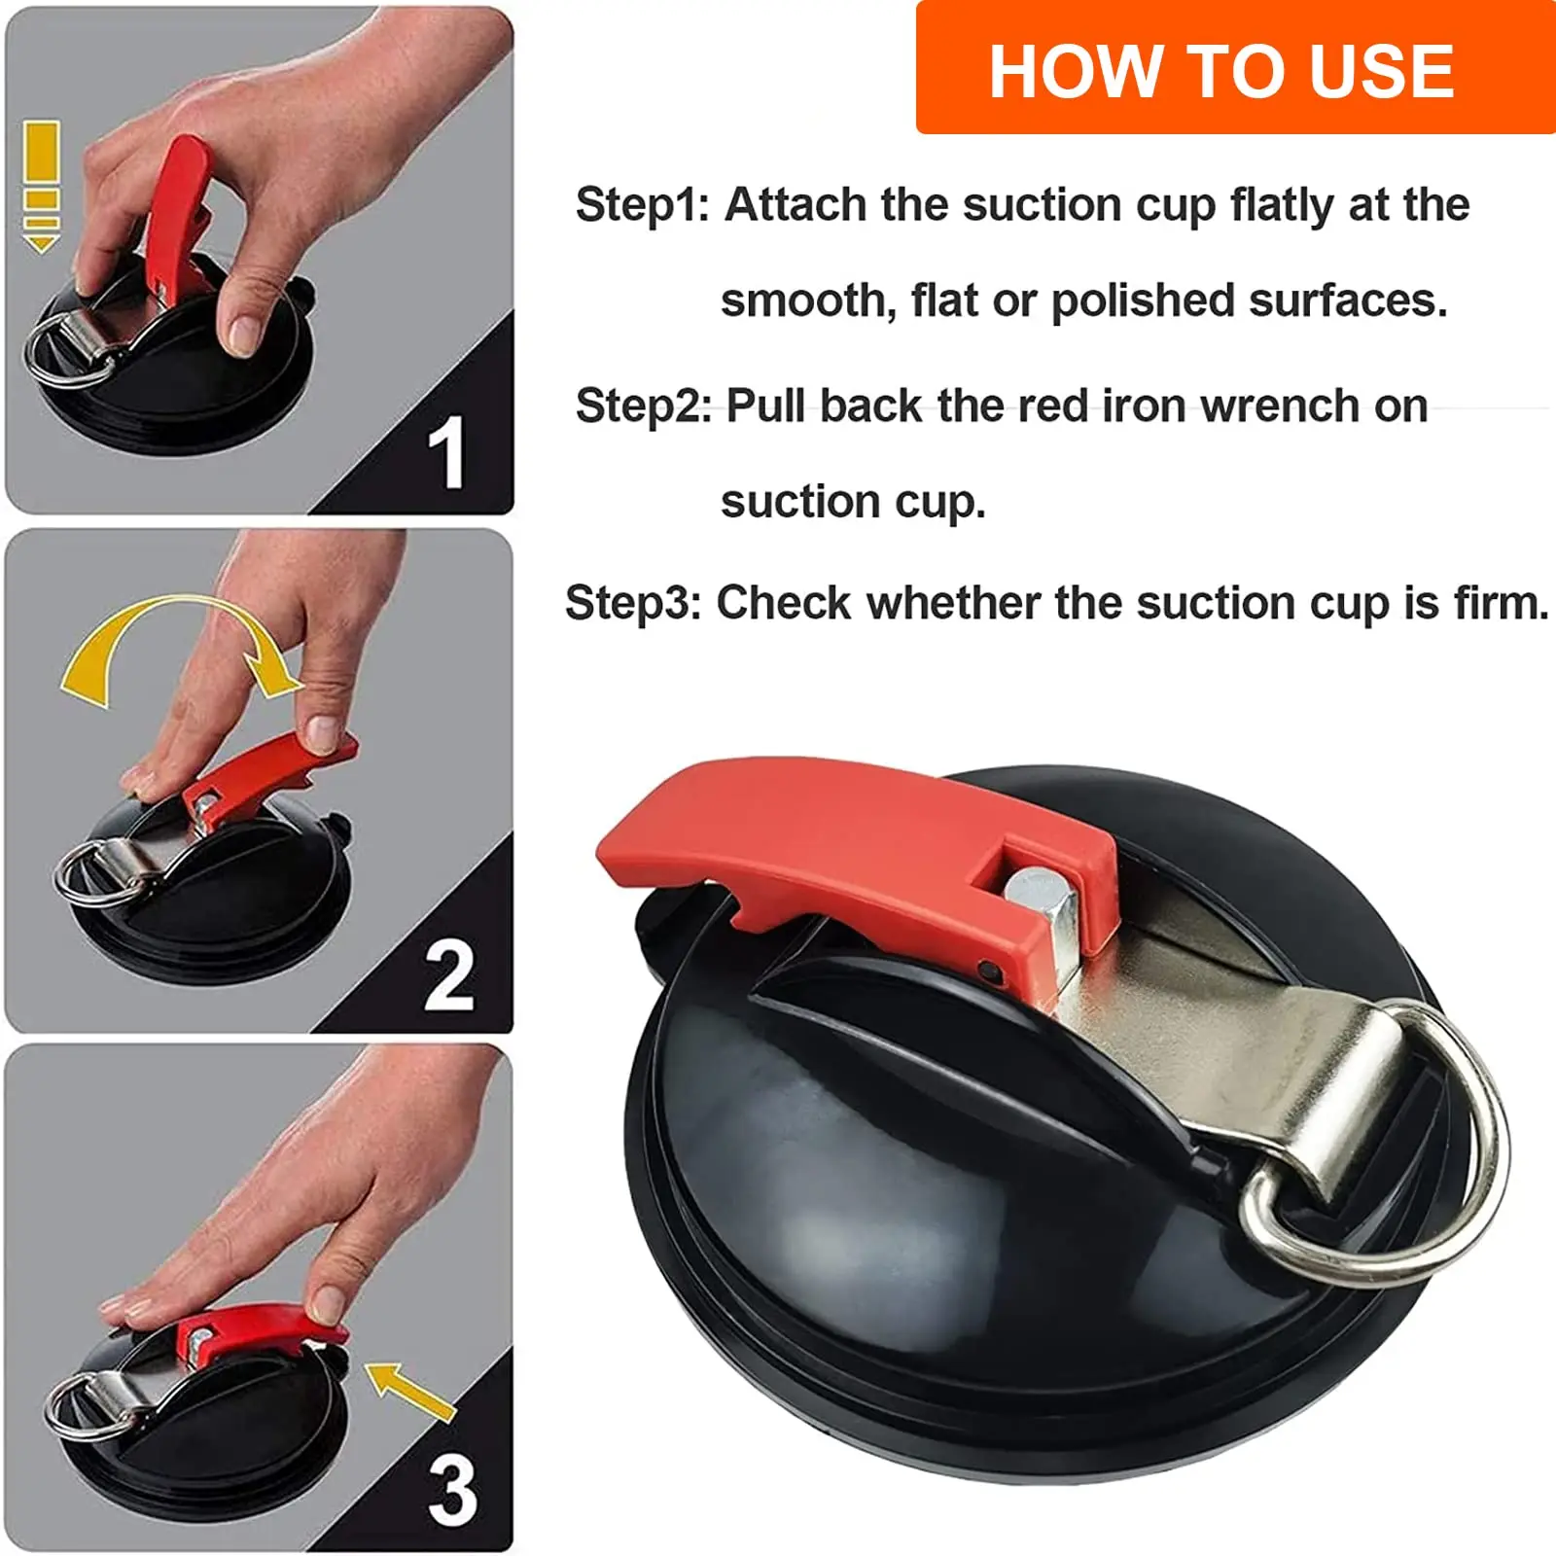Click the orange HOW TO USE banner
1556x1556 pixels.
click(1235, 68)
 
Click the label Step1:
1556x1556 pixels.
click(643, 205)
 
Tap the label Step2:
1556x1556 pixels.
click(644, 406)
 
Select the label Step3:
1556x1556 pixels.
click(633, 603)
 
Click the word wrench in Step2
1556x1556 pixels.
click(1281, 406)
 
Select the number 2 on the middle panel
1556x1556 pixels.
click(448, 975)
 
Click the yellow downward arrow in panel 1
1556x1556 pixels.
click(41, 187)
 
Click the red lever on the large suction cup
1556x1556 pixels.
click(856, 856)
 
